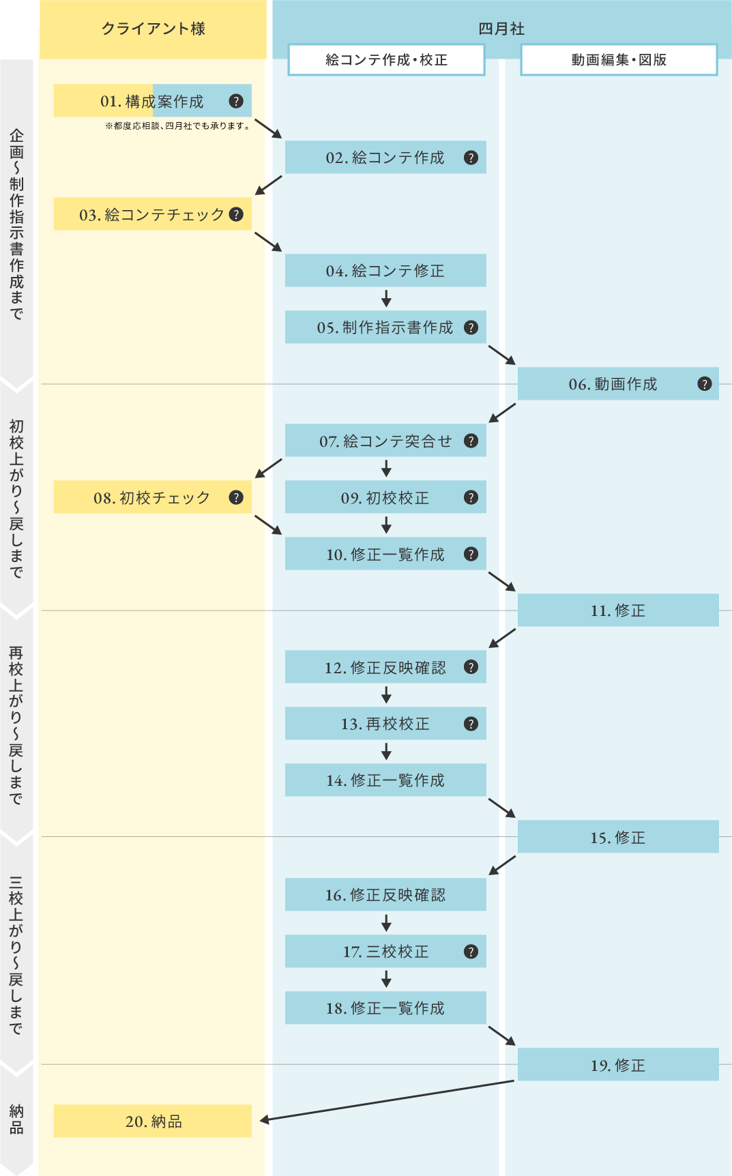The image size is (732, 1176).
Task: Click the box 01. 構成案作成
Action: coord(151,101)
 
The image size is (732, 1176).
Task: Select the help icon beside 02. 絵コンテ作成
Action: coord(471,158)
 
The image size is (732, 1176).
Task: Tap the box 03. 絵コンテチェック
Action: coord(151,214)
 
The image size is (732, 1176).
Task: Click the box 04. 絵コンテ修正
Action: coord(385,271)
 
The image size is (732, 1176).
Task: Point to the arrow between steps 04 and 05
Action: coord(386,299)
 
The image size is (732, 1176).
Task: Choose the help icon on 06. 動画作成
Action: coord(705,384)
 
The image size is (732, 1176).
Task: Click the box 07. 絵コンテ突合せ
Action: coord(385,441)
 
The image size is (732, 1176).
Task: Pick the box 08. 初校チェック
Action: coord(151,497)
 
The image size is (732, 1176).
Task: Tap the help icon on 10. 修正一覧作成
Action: coord(471,554)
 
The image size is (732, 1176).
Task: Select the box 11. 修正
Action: coord(617,611)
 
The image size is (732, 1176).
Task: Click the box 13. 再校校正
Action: coord(385,724)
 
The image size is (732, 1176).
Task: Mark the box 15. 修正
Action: coord(617,837)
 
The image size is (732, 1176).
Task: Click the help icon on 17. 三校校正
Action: coord(471,952)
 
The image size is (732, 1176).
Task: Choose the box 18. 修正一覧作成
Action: coord(385,1008)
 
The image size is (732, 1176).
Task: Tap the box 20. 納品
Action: coord(153,1121)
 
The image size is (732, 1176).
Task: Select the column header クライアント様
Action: coord(153,29)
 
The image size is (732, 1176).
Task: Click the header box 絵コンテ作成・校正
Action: coord(386,59)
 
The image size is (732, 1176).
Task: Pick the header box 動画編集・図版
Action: coord(619,59)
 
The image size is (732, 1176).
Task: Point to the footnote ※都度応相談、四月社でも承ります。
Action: coord(177,126)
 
